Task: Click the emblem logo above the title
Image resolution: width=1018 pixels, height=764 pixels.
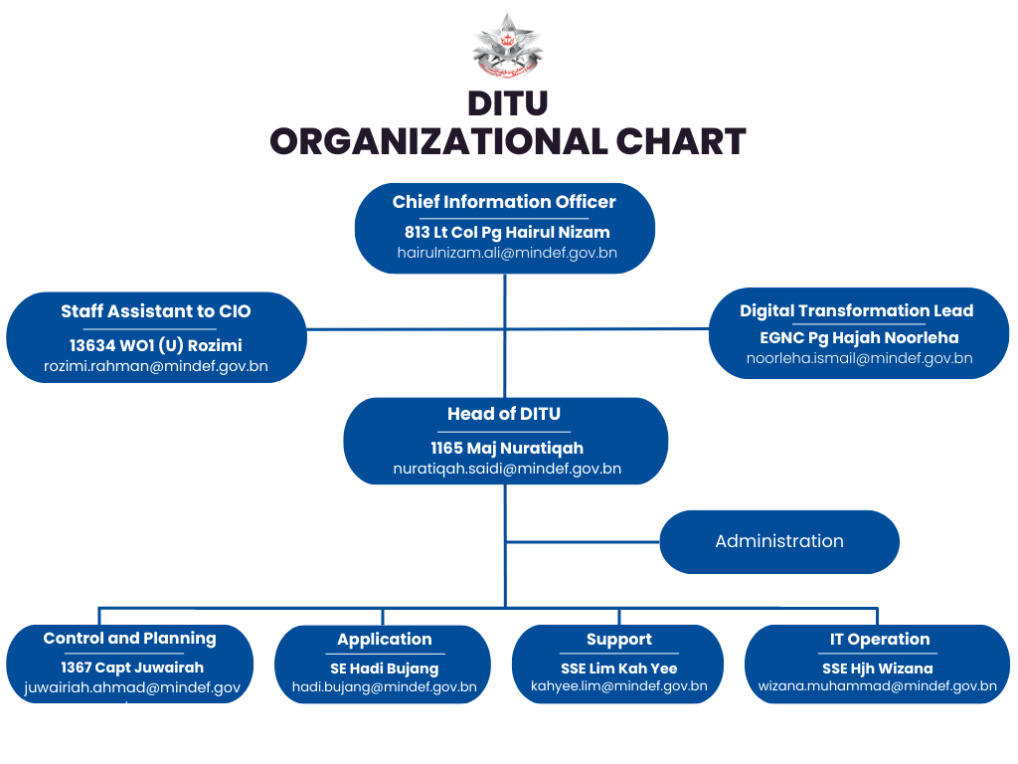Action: tap(508, 48)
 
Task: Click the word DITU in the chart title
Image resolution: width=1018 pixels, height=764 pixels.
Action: tap(508, 103)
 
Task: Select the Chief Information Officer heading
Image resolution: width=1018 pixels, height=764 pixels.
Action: tap(504, 202)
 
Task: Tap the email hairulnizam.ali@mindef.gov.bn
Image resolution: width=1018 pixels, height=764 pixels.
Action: tap(507, 253)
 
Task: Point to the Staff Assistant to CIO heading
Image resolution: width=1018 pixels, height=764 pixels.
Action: tap(156, 311)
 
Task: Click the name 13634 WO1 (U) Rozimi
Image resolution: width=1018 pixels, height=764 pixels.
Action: tap(156, 345)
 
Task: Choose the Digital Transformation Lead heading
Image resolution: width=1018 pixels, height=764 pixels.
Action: tap(856, 310)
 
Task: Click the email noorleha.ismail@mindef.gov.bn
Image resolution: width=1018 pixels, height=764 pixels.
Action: tap(859, 358)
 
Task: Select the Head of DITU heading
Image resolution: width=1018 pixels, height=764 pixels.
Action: tap(505, 414)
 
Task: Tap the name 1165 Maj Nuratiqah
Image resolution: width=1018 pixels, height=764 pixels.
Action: tap(507, 448)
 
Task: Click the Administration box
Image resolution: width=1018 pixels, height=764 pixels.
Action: tap(778, 541)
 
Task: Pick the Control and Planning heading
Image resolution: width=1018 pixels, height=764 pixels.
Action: tap(129, 639)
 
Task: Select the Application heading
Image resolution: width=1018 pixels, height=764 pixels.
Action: tap(384, 640)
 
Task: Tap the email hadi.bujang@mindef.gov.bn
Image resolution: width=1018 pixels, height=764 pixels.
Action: tap(384, 686)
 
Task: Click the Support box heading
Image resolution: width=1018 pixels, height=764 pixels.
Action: tap(618, 640)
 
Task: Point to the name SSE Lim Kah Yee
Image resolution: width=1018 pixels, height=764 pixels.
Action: tap(618, 668)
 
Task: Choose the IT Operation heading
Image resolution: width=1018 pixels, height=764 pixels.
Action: tap(879, 640)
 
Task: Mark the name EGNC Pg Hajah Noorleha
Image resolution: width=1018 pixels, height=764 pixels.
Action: tap(859, 337)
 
